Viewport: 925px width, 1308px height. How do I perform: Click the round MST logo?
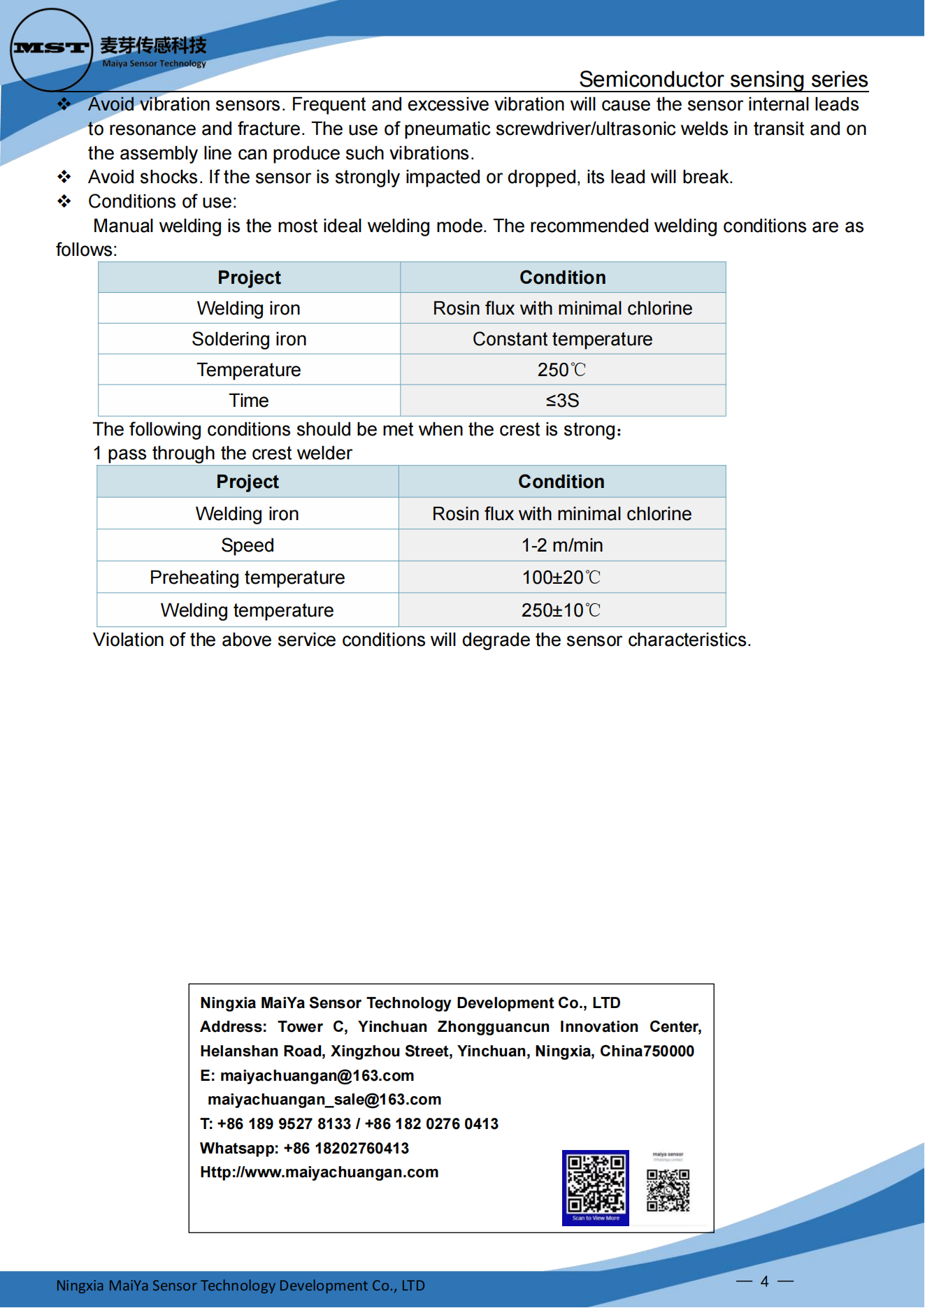(x=51, y=50)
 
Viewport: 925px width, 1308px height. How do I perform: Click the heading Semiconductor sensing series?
(x=723, y=80)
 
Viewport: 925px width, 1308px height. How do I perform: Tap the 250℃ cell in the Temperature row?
(x=562, y=370)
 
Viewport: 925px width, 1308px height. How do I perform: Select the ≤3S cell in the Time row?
(x=562, y=401)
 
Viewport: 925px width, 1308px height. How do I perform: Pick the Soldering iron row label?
(x=249, y=339)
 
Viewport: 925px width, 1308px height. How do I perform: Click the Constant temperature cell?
(x=562, y=339)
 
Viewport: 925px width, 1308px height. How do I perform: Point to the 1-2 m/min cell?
(x=561, y=545)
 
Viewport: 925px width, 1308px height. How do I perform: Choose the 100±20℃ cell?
(x=561, y=577)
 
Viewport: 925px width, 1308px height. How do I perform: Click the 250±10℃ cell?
(x=561, y=610)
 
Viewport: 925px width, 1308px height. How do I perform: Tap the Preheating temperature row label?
(x=247, y=577)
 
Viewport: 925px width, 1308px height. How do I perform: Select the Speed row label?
(x=247, y=545)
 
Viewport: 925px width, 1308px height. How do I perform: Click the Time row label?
(x=249, y=401)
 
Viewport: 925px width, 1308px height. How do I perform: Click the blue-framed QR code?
(x=596, y=1186)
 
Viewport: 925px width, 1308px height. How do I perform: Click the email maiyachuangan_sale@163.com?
(x=324, y=1100)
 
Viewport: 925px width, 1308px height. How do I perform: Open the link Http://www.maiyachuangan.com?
(x=319, y=1172)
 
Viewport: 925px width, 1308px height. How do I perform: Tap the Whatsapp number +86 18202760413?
(x=346, y=1148)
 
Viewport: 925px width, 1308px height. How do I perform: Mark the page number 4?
(x=764, y=1281)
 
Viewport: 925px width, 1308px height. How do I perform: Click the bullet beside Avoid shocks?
(x=64, y=177)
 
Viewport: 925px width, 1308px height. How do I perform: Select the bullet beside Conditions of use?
(x=64, y=201)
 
